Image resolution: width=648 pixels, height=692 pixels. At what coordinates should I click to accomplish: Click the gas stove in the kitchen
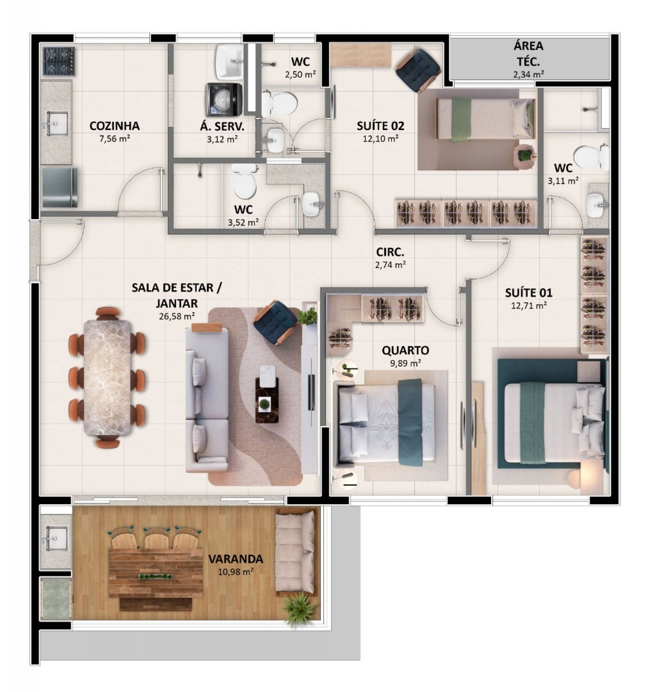tap(59, 61)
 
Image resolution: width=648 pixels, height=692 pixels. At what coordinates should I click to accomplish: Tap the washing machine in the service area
tap(224, 99)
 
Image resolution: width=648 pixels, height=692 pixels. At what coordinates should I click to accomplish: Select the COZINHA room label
tap(115, 126)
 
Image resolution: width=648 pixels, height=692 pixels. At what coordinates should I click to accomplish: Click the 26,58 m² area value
tap(177, 316)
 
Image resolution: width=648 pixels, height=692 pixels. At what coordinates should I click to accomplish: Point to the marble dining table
tap(107, 377)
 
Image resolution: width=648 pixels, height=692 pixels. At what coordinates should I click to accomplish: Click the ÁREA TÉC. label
tap(528, 54)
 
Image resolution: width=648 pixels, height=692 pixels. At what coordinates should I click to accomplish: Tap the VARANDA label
tap(236, 559)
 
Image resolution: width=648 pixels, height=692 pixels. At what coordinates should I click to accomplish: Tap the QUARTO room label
tap(405, 350)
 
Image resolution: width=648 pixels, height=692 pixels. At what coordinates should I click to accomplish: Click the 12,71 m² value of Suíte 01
tap(529, 306)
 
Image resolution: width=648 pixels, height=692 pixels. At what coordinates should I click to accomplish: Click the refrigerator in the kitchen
tap(60, 187)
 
